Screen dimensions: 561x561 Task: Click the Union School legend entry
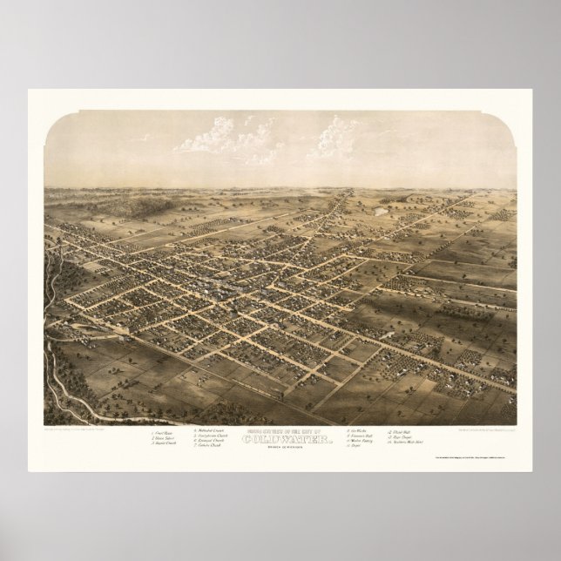(163, 437)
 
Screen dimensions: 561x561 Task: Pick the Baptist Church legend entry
(164, 443)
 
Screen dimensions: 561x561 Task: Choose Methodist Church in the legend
(212, 430)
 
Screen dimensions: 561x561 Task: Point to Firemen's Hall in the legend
(361, 436)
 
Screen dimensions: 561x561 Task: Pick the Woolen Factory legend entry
(361, 442)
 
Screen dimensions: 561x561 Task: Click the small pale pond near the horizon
(380, 211)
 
